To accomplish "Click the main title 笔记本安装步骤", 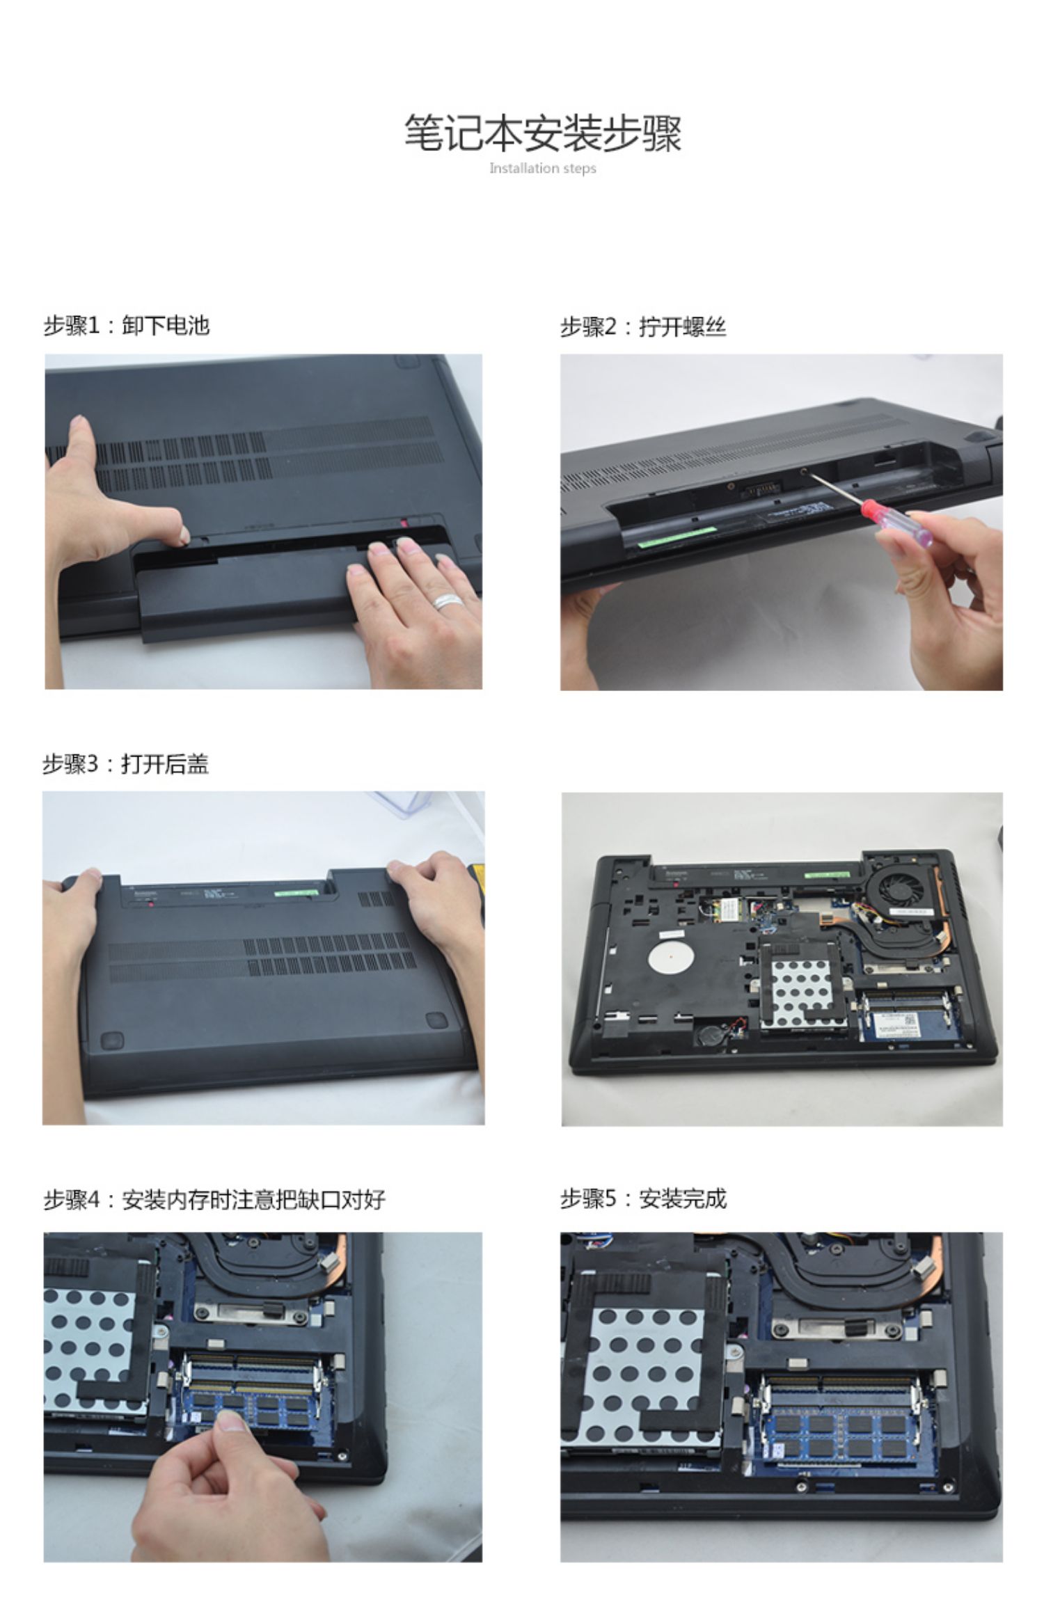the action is pyautogui.click(x=543, y=134).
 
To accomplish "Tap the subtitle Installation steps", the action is pyautogui.click(x=543, y=168).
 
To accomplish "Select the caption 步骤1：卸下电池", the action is pyautogui.click(x=127, y=326).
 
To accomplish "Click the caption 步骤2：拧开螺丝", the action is pyautogui.click(x=643, y=326).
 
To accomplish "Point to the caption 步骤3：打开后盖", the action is pyautogui.click(x=126, y=764).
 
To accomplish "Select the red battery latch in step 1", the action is pyautogui.click(x=405, y=521).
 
